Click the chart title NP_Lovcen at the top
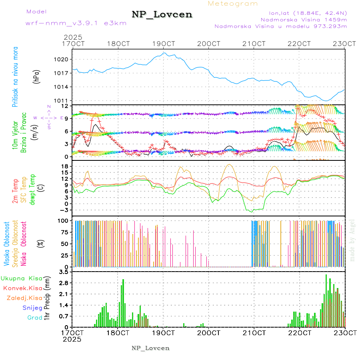pyautogui.click(x=162, y=15)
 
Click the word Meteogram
pyautogui.click(x=233, y=4)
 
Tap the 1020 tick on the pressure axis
pyautogui.click(x=64, y=59)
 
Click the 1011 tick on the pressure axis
pyautogui.click(x=64, y=100)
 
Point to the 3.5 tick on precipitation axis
pyautogui.click(x=64, y=272)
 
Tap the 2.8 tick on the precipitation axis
pyautogui.click(x=64, y=283)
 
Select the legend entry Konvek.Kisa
pyautogui.click(x=22, y=288)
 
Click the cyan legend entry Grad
pyautogui.click(x=35, y=318)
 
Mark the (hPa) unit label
pyautogui.click(x=36, y=76)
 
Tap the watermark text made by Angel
pyautogui.click(x=352, y=240)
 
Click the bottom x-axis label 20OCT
pyautogui.click(x=208, y=332)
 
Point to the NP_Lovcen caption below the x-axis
pyautogui.click(x=150, y=348)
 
